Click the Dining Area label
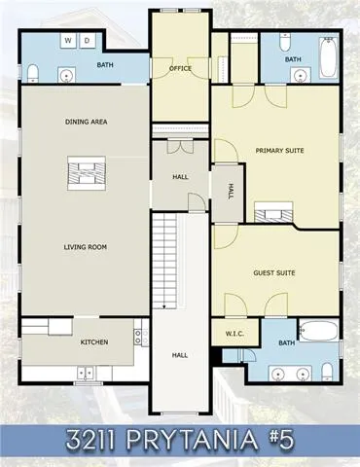click(x=86, y=122)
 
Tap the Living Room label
click(x=86, y=247)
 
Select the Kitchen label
click(x=93, y=341)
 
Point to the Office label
click(x=178, y=69)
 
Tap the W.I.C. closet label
click(x=234, y=335)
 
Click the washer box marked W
click(x=67, y=41)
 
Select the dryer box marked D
click(x=86, y=41)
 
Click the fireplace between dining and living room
click(x=82, y=175)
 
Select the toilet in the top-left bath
click(x=33, y=72)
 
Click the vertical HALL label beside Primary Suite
click(x=232, y=191)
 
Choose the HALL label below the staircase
click(x=179, y=355)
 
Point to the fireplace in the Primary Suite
click(x=271, y=213)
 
